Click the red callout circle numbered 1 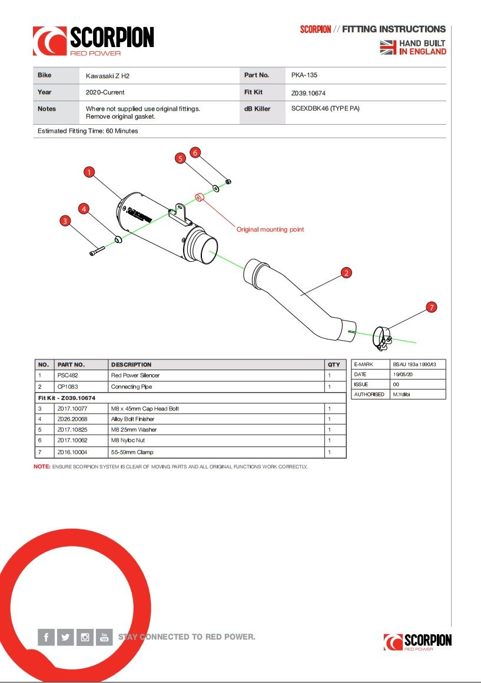pyautogui.click(x=89, y=172)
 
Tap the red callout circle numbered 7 pyautogui.click(x=432, y=307)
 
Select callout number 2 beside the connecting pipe pyautogui.click(x=346, y=272)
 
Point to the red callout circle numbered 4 pyautogui.click(x=84, y=209)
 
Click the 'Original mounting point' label pyautogui.click(x=270, y=229)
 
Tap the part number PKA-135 pyautogui.click(x=304, y=75)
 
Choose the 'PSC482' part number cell pyautogui.click(x=68, y=375)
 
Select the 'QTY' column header pyautogui.click(x=334, y=365)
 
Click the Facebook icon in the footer pyautogui.click(x=47, y=637)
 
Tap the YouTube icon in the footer pyautogui.click(x=104, y=637)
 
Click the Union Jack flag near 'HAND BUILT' pyautogui.click(x=387, y=48)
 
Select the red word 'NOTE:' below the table pyautogui.click(x=42, y=467)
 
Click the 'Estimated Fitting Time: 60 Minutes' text pyautogui.click(x=88, y=131)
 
